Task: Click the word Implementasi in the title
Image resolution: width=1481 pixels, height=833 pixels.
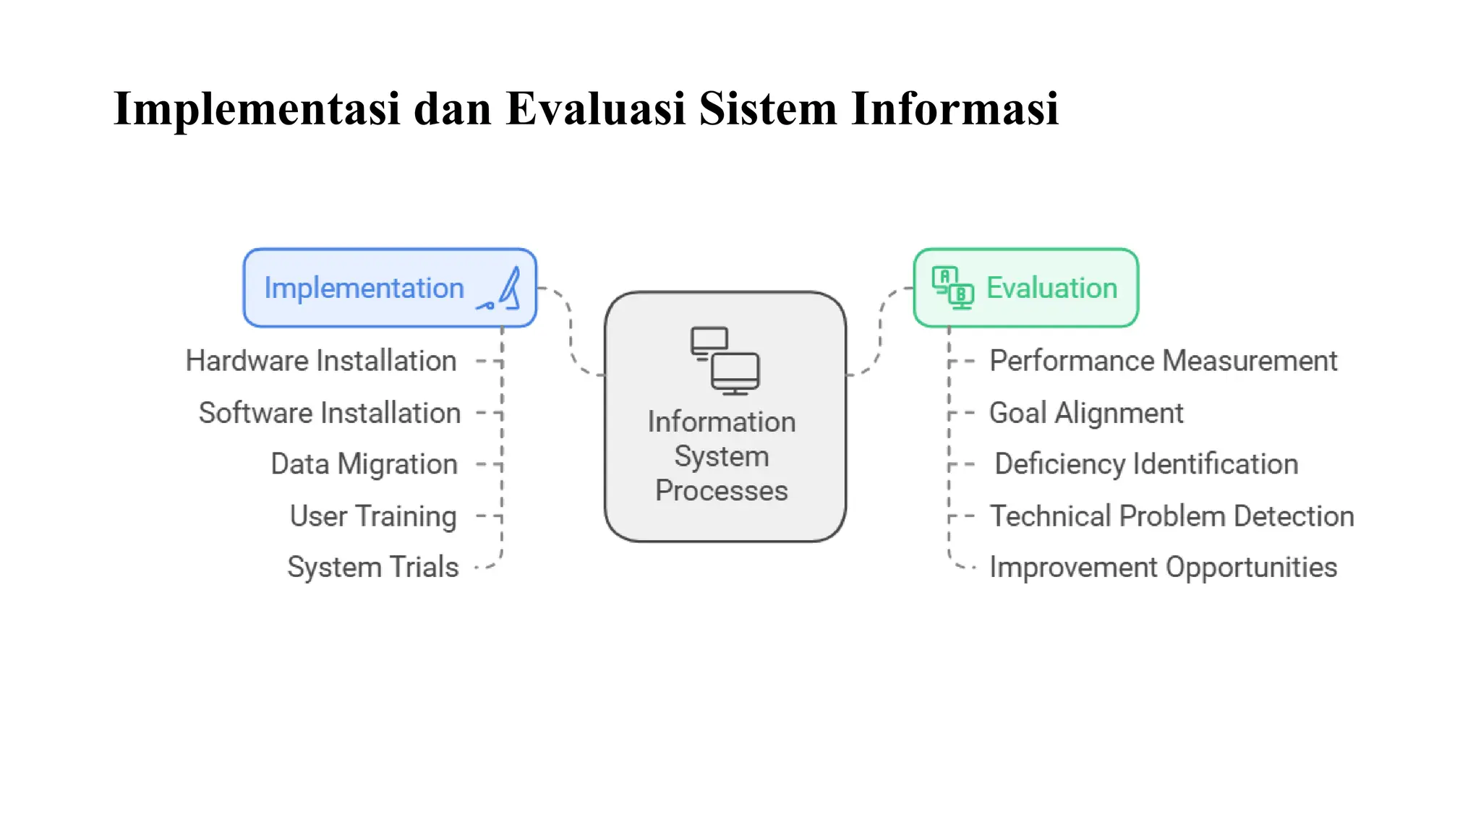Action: (257, 109)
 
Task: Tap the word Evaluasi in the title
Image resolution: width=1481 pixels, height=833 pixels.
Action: (595, 109)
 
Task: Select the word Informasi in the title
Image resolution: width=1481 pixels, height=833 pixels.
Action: (955, 109)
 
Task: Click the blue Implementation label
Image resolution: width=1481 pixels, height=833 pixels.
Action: (364, 289)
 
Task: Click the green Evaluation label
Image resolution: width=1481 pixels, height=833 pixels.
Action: (1051, 289)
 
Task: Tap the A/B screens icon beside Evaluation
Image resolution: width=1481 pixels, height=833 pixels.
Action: (952, 288)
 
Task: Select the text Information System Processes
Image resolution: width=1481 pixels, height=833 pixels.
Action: (722, 456)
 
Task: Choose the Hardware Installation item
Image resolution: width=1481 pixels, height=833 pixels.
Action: (321, 361)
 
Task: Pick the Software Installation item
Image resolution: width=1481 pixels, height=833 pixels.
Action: (330, 413)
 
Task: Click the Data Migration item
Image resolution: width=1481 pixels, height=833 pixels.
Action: (364, 464)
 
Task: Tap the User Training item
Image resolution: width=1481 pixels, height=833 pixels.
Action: (373, 516)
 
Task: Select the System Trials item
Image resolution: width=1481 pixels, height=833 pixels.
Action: (373, 568)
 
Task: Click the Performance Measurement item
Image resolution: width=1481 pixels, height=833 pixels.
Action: (1163, 361)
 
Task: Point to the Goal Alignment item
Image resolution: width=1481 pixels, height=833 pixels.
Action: (1085, 413)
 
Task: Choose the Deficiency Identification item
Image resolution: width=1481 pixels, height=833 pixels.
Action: (1146, 464)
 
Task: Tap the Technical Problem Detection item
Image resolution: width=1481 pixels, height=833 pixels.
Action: (1171, 516)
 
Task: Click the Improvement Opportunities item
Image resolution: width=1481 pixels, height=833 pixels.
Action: (1163, 568)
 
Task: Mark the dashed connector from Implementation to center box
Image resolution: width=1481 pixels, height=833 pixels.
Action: (571, 333)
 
